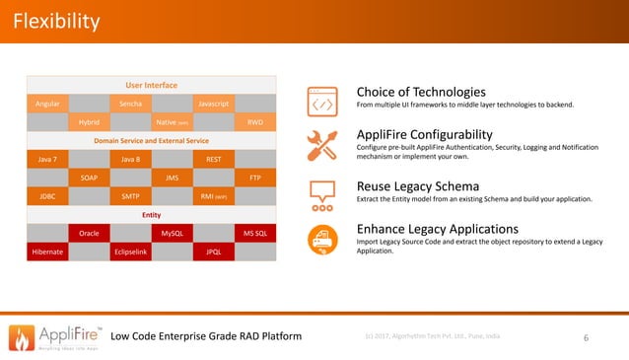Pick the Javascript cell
point(214,104)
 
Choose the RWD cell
point(255,122)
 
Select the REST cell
point(214,159)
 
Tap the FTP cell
point(255,178)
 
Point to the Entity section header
point(151,214)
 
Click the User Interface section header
point(151,85)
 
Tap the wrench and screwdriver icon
point(324,144)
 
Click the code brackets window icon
point(324,100)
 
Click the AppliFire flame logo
point(22,336)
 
